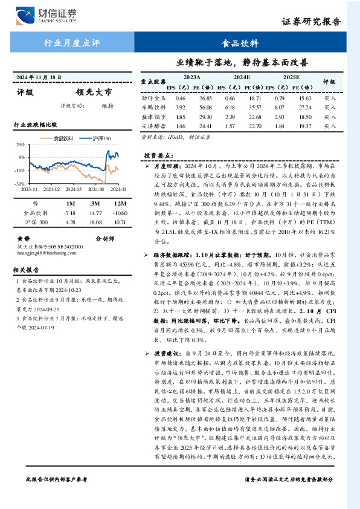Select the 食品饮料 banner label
pyautogui.click(x=240, y=44)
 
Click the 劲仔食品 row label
pyautogui.click(x=153, y=98)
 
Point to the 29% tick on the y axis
pyautogui.click(x=21, y=146)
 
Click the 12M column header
pyautogui.click(x=120, y=204)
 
